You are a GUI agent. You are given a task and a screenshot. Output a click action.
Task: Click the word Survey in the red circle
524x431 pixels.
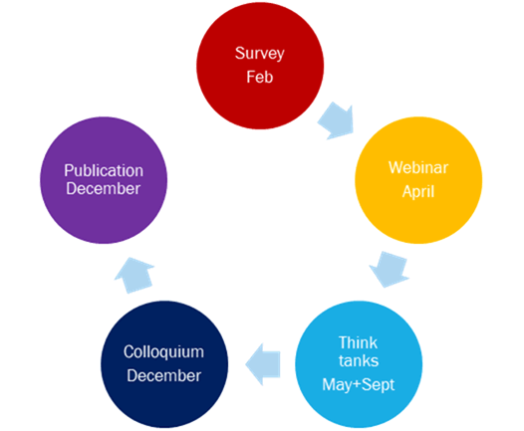(260, 54)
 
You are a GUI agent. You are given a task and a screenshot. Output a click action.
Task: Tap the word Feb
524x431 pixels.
(260, 77)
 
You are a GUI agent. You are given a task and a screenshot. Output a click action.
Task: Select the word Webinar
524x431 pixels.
(418, 167)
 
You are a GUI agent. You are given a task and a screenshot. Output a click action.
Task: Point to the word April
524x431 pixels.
(418, 192)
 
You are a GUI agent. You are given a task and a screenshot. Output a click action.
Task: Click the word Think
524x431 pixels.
(358, 342)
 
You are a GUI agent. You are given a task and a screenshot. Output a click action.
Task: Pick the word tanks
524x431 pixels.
(359, 361)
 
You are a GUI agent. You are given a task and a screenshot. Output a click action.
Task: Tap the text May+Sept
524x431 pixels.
(359, 385)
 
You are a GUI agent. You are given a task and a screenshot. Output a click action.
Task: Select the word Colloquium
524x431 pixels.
(163, 352)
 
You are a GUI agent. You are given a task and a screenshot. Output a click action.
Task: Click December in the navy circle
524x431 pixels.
(163, 375)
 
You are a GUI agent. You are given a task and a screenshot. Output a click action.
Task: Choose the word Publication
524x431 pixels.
(104, 170)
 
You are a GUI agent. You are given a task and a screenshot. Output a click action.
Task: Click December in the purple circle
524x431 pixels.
(103, 189)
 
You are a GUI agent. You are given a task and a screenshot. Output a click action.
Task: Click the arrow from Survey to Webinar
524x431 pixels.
(336, 120)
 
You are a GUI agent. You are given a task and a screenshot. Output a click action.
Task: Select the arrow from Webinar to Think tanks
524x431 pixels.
(389, 269)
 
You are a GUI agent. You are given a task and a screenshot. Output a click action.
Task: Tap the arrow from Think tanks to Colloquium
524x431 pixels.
(263, 364)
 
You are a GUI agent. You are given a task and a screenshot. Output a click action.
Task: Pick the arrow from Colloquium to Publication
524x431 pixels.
(134, 275)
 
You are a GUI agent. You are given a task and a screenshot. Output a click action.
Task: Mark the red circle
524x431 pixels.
(260, 66)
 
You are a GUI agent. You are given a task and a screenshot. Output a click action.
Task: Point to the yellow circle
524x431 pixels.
(418, 180)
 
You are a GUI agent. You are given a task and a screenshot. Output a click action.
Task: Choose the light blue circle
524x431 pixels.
(359, 364)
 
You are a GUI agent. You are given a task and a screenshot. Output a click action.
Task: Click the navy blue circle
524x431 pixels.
(164, 364)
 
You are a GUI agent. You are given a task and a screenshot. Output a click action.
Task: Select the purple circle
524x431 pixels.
(104, 180)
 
